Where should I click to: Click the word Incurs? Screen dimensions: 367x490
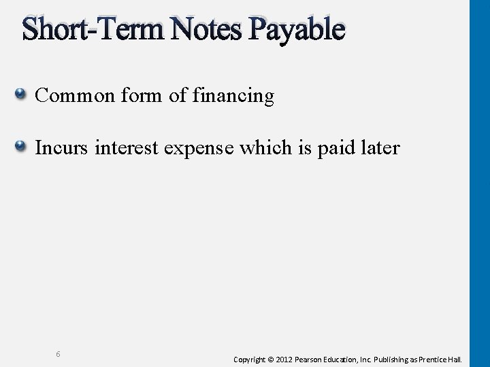62,147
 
